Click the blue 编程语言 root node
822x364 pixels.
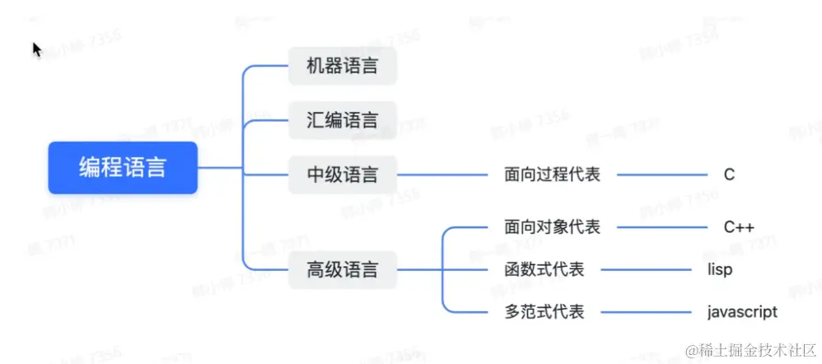click(x=123, y=168)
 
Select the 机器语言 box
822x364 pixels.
click(x=343, y=66)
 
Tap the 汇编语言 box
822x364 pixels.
click(x=343, y=120)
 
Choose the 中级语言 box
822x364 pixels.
click(x=343, y=175)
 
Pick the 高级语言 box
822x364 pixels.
click(x=343, y=269)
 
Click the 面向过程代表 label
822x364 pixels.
click(x=552, y=175)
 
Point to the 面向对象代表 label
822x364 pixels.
click(x=552, y=227)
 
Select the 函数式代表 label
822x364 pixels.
click(x=544, y=269)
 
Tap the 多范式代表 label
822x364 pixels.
click(x=544, y=312)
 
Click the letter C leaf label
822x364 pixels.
click(x=729, y=175)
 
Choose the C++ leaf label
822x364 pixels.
click(x=739, y=227)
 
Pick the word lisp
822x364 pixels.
click(x=719, y=269)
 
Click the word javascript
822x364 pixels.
click(x=741, y=312)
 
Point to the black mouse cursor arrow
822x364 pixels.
click(x=36, y=50)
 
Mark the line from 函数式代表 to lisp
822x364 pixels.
click(x=651, y=269)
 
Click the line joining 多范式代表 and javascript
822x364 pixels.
click(x=651, y=312)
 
